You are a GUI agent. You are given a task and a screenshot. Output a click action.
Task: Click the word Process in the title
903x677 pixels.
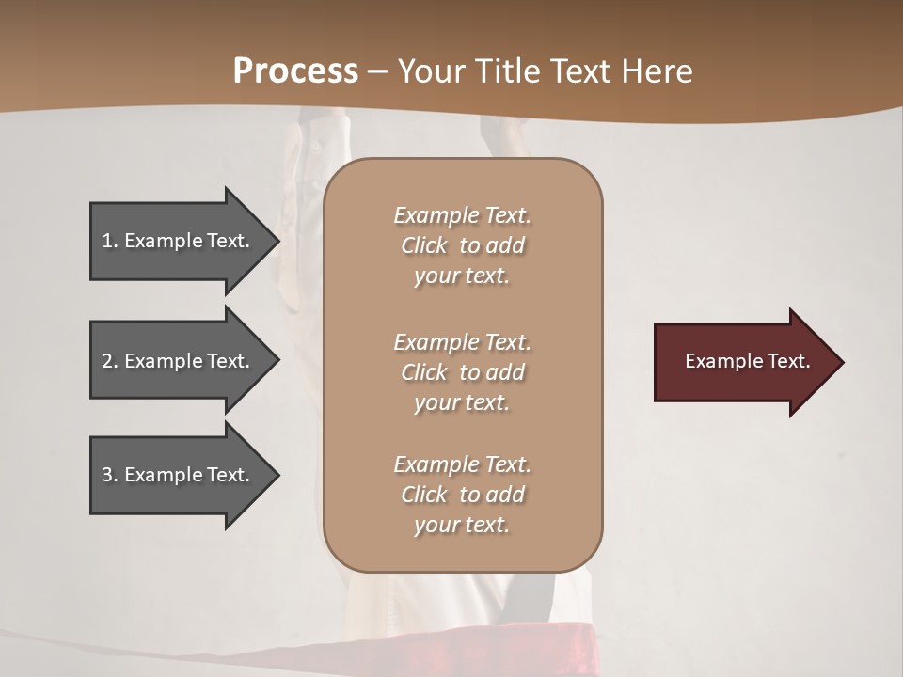(295, 71)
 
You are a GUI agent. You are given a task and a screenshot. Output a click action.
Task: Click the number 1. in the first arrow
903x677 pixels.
(110, 241)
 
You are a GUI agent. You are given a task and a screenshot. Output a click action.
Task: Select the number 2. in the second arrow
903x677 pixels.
(110, 361)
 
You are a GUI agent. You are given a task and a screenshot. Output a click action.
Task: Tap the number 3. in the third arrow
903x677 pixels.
(110, 475)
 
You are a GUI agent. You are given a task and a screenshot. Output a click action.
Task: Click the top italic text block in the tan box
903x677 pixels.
(462, 245)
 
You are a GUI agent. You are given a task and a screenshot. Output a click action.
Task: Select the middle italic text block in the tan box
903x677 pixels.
(462, 371)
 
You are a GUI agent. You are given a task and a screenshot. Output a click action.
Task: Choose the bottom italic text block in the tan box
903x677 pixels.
(462, 495)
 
